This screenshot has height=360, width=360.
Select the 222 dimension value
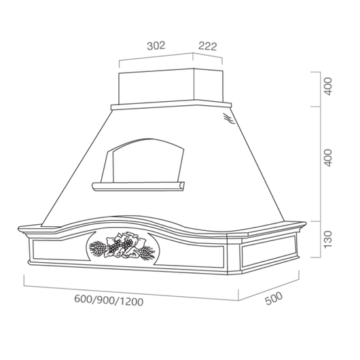[208, 47]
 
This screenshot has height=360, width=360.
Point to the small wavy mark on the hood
[228, 120]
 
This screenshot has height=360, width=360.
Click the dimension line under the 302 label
[157, 57]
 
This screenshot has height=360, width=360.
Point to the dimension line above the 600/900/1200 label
[129, 289]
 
